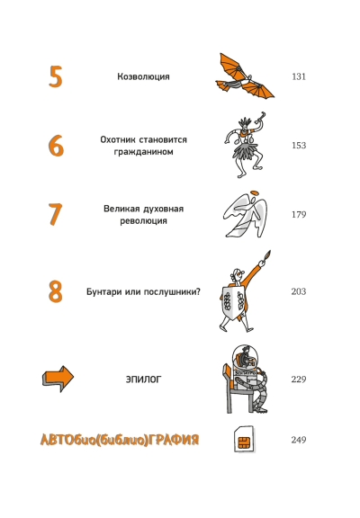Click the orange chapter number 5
coord(56,76)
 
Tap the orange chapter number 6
coord(56,146)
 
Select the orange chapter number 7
coord(55,214)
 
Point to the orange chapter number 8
coord(56,291)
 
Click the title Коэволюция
coord(143,76)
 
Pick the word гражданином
coord(143,152)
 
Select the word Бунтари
coord(103,292)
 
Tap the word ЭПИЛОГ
coord(143,380)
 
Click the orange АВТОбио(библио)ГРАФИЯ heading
coord(120,440)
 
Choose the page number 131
coord(299,76)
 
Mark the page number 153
coord(299,146)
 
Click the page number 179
coord(299,215)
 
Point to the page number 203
coord(299,291)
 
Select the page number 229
coord(299,380)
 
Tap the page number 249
coord(299,440)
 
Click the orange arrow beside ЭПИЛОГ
coord(58,379)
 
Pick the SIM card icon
coord(244,440)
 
